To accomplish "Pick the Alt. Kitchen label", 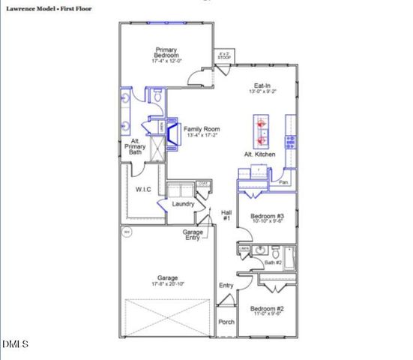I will click(x=259, y=154).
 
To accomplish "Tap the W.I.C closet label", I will click(x=143, y=189).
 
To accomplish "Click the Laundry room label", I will click(x=184, y=204).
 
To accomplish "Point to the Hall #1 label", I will click(x=226, y=215).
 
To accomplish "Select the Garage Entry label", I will click(x=194, y=235).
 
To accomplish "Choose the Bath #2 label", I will click(x=273, y=262).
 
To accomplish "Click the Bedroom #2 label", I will click(x=267, y=308).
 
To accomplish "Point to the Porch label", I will click(x=226, y=322).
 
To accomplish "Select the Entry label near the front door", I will click(x=226, y=286).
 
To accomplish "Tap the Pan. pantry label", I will click(x=284, y=182).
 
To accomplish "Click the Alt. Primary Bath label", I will click(x=134, y=147).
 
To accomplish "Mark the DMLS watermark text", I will click(x=15, y=344).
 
